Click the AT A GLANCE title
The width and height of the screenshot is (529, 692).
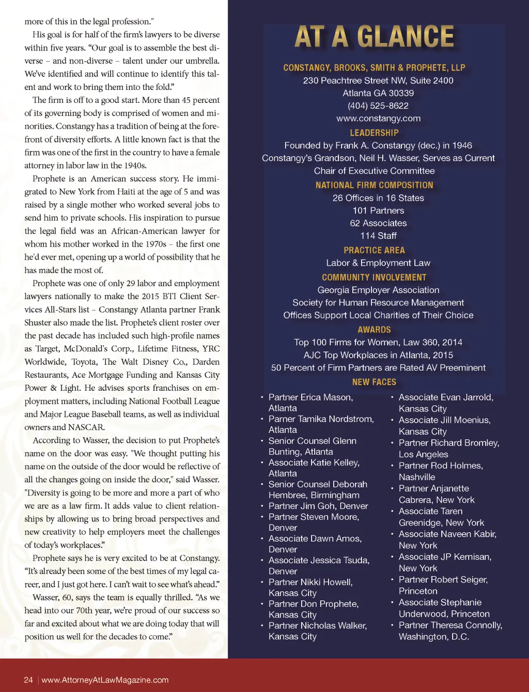(x=374, y=37)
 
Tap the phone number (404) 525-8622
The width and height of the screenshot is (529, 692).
(x=378, y=106)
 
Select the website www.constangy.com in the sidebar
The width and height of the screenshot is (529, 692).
(x=378, y=118)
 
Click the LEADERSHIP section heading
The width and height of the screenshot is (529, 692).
(x=374, y=133)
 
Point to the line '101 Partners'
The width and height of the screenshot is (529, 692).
(x=378, y=210)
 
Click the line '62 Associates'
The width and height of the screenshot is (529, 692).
(x=378, y=223)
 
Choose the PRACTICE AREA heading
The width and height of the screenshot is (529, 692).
(x=374, y=250)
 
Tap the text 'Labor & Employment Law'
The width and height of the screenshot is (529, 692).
(x=378, y=263)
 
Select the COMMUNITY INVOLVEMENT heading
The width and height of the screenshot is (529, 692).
(x=374, y=278)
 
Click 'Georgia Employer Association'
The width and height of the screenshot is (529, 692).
(x=378, y=290)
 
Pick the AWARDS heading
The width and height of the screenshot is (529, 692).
(x=374, y=330)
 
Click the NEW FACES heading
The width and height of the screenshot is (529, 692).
(x=374, y=382)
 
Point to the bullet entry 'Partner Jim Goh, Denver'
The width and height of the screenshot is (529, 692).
(x=318, y=506)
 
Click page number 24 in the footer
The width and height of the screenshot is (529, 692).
(x=28, y=680)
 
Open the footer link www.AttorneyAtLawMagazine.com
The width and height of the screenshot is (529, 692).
(x=105, y=680)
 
